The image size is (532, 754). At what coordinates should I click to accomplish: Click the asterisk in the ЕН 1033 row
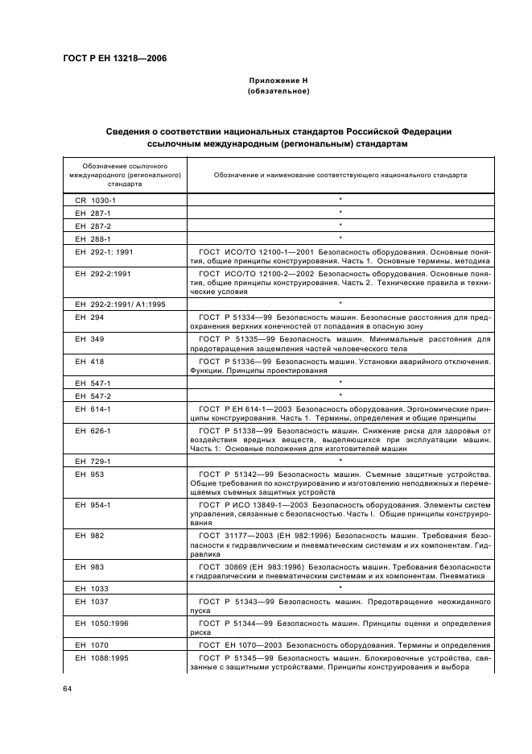coord(340,588)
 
